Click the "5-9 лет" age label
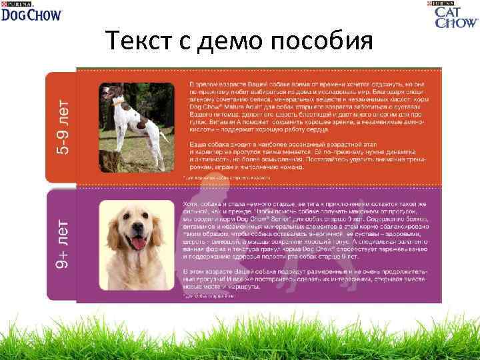[x=62, y=127]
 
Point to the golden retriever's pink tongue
[x=139, y=243]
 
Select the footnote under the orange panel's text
[x=226, y=178]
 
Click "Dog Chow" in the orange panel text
[x=204, y=105]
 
